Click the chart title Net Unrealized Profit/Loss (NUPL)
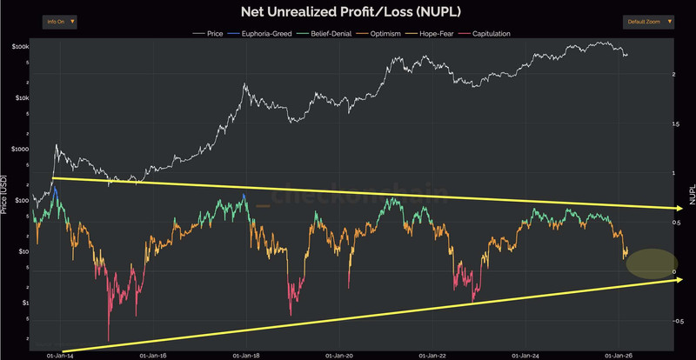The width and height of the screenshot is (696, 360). click(347, 12)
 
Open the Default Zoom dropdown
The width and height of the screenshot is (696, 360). click(648, 21)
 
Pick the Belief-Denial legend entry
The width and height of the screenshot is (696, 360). click(321, 33)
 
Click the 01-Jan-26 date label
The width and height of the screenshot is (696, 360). click(617, 356)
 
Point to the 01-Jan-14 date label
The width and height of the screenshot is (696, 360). click(59, 356)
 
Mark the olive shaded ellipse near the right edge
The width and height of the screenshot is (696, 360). click(651, 263)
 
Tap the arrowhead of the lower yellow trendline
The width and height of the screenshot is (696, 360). click(686, 280)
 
